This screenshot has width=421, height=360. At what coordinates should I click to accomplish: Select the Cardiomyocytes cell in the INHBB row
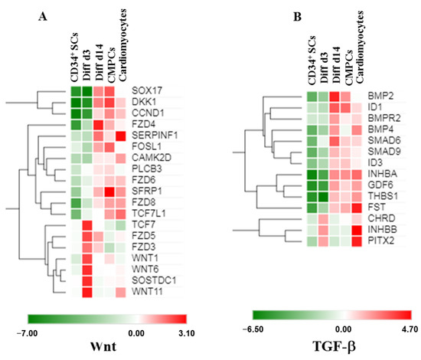[357, 230]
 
